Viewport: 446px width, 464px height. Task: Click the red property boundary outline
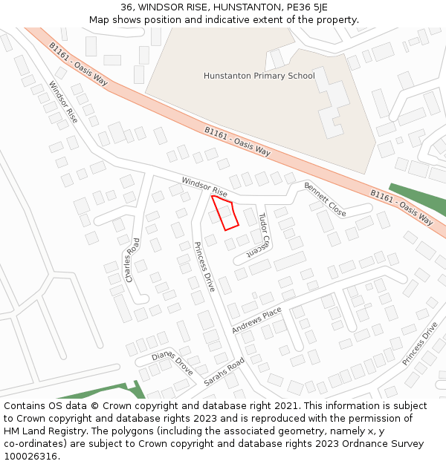225,213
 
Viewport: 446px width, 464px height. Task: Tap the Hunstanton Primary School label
259,76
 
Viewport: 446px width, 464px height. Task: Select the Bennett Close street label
325,200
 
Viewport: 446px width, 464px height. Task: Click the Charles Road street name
132,260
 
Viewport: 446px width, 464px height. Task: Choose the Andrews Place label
256,319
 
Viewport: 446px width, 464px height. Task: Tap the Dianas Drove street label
172,362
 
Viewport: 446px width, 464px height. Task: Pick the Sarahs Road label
224,373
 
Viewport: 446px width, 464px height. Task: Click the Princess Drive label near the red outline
204,266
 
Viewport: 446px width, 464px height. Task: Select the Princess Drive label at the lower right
420,343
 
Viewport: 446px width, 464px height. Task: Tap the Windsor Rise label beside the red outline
204,186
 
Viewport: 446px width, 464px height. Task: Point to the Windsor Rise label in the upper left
62,102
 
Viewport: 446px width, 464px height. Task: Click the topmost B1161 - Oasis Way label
79,64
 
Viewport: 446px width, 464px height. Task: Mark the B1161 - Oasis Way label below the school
237,140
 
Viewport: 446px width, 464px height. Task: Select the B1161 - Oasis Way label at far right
401,207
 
